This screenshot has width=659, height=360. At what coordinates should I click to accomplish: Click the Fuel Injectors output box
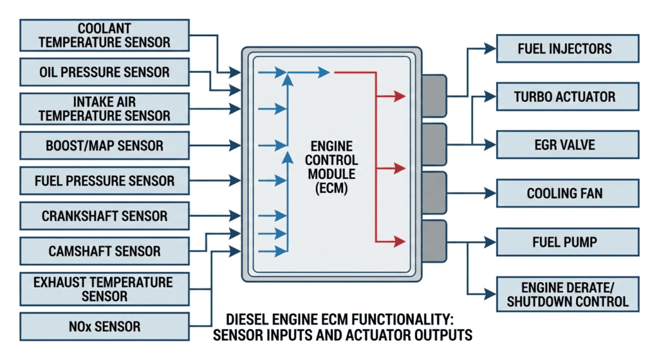tap(568, 49)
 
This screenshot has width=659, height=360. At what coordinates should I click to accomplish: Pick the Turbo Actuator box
tap(568, 97)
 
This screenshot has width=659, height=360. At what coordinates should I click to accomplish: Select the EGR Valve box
tap(568, 144)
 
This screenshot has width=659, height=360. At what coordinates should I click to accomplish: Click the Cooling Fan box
tap(568, 193)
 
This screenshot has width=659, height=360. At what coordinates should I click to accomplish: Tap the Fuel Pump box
tap(568, 242)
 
